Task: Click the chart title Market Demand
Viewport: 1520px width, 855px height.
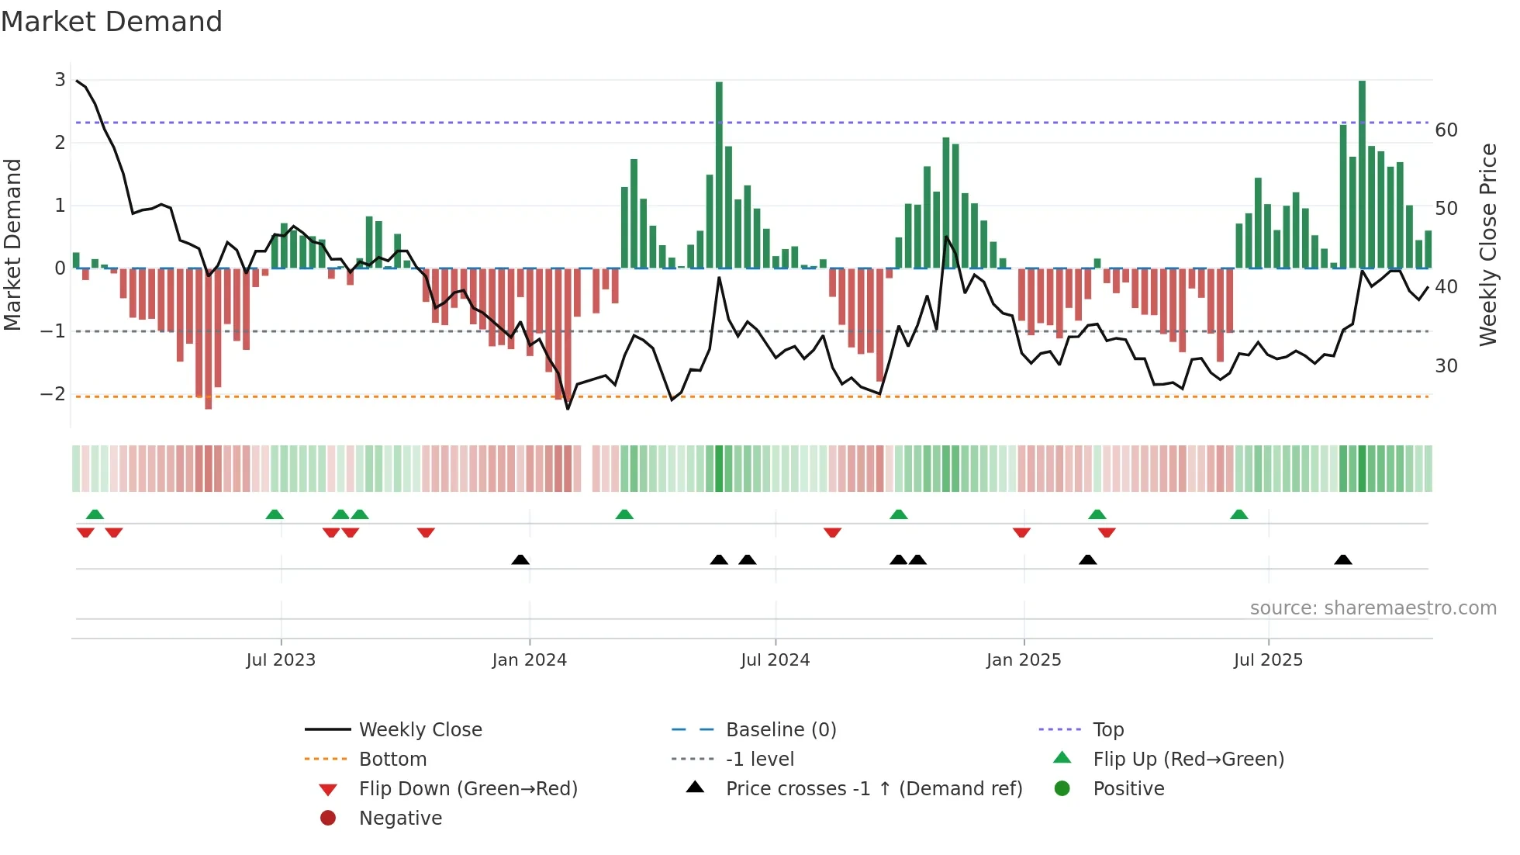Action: tap(112, 22)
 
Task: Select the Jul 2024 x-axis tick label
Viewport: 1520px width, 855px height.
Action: tap(775, 660)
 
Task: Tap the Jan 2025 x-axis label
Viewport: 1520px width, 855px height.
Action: tap(1023, 660)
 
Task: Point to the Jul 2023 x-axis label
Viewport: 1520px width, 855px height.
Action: tap(281, 660)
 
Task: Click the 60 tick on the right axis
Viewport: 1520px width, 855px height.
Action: tap(1446, 130)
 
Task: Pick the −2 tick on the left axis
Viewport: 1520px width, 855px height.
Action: tap(53, 394)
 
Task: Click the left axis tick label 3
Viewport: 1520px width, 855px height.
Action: tap(60, 80)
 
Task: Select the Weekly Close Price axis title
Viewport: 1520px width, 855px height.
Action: tap(1487, 244)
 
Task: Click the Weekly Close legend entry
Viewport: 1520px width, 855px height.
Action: tap(420, 730)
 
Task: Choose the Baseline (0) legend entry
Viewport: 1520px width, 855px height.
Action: tap(780, 730)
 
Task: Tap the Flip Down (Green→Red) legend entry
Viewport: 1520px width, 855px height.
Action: tap(468, 789)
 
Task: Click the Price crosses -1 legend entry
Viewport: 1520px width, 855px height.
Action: tap(873, 789)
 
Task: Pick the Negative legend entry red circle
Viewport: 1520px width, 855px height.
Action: tap(328, 819)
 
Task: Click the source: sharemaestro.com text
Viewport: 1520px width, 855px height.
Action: tap(1373, 608)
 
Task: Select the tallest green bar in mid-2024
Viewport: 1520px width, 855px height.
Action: tap(719, 175)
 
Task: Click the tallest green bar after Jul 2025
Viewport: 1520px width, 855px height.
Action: tap(1362, 175)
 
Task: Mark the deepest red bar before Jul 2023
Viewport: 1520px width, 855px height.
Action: tap(208, 339)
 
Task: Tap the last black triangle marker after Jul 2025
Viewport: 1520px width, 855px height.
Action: tap(1343, 560)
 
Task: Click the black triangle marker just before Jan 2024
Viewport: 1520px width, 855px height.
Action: tap(520, 560)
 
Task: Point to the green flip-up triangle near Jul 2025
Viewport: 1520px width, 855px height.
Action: tap(1238, 515)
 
